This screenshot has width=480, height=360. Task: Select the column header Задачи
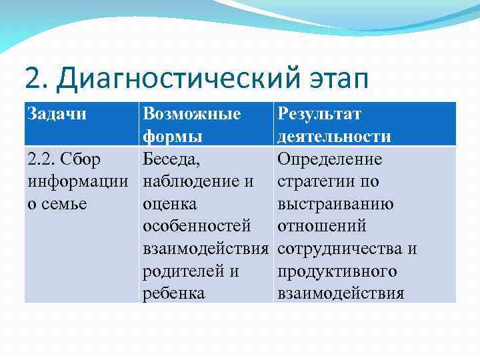click(x=57, y=114)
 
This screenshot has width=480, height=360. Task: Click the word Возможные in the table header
click(x=192, y=114)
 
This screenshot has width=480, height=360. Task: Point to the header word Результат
click(x=319, y=114)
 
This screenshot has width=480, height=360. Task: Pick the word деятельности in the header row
click(x=334, y=137)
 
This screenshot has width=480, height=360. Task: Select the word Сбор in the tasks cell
click(x=85, y=159)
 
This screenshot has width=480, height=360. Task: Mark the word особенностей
click(x=197, y=227)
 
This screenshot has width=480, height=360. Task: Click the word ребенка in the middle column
click(x=173, y=294)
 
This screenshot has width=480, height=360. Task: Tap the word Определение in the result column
click(x=329, y=159)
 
